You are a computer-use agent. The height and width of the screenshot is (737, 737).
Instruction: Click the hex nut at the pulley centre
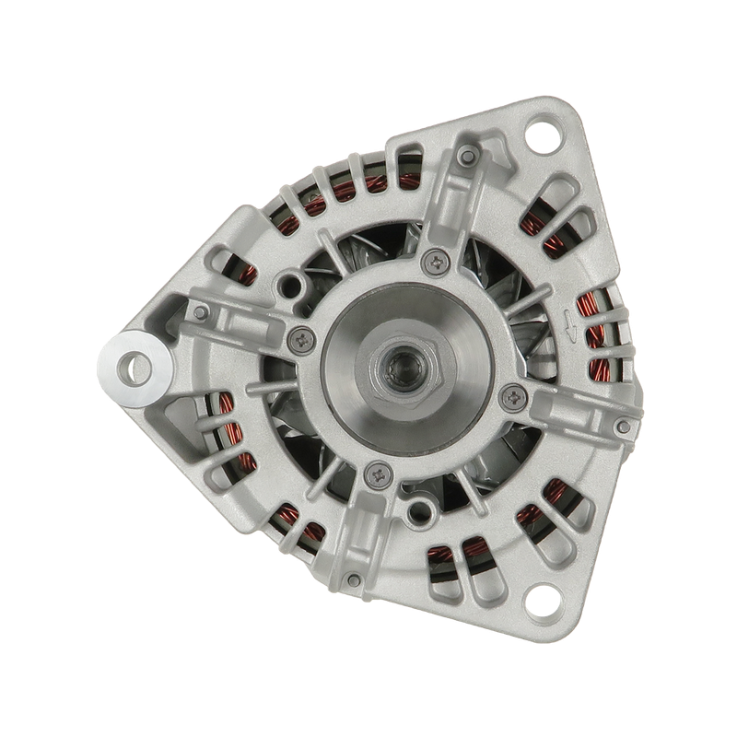tap(400, 368)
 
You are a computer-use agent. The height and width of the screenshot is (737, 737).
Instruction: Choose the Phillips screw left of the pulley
tap(298, 338)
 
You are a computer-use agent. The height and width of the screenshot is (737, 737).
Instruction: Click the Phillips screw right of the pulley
tap(511, 398)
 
